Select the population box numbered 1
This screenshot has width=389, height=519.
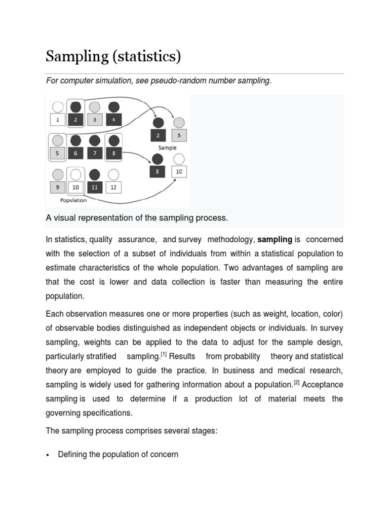pyautogui.click(x=58, y=120)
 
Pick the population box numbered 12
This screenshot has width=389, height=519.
pyautogui.click(x=113, y=188)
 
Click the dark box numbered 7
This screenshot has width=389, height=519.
pyautogui.click(x=95, y=154)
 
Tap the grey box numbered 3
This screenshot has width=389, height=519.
pyautogui.click(x=95, y=120)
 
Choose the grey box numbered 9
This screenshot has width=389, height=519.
pyautogui.click(x=58, y=188)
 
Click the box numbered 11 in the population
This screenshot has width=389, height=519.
pyautogui.click(x=95, y=188)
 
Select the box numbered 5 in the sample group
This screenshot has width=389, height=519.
pyautogui.click(x=179, y=136)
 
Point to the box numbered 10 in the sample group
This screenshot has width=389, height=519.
pyautogui.click(x=179, y=172)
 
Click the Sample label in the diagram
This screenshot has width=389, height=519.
pyautogui.click(x=167, y=148)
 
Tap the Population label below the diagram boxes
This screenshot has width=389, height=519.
pyautogui.click(x=73, y=200)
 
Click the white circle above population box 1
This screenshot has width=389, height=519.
pyautogui.click(x=58, y=107)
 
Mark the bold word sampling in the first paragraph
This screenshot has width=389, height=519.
pyautogui.click(x=275, y=239)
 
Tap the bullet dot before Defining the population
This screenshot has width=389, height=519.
pyautogui.click(x=47, y=455)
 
